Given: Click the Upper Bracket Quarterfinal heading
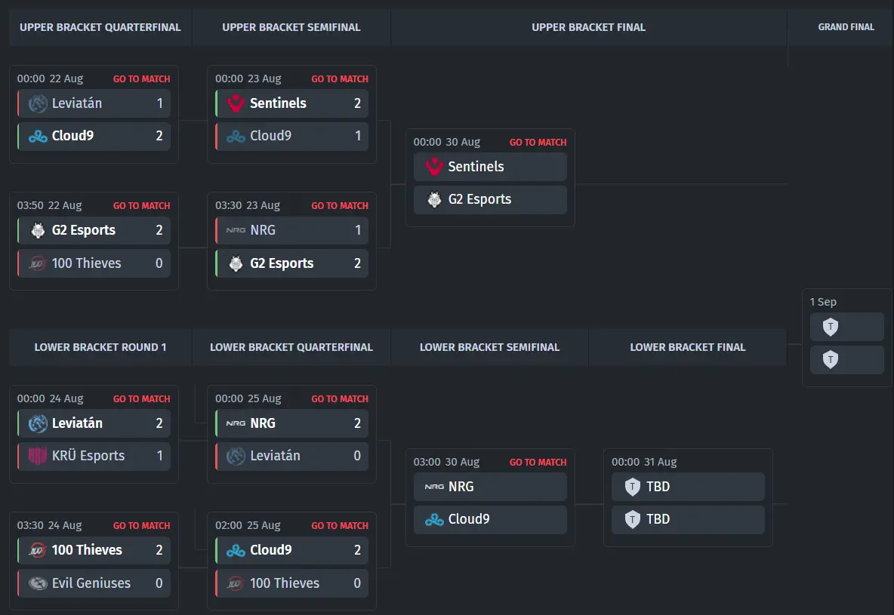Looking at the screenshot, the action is pyautogui.click(x=100, y=27).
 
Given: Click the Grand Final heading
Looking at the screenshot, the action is pyautogui.click(x=846, y=27).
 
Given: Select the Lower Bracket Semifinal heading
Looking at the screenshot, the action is pyautogui.click(x=489, y=347).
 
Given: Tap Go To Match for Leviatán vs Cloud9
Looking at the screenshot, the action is pyautogui.click(x=141, y=79).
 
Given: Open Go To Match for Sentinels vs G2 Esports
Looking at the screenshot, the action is pyautogui.click(x=538, y=143).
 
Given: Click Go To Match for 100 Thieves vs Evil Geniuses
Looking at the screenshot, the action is pyautogui.click(x=141, y=525).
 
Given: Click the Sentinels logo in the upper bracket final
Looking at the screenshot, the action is pyautogui.click(x=434, y=167).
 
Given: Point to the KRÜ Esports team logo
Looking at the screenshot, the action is pyautogui.click(x=38, y=456).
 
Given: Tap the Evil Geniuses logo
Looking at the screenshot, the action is pyautogui.click(x=38, y=583).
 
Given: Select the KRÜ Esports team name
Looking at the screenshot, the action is pyautogui.click(x=88, y=456).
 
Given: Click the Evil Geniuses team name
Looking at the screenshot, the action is pyautogui.click(x=91, y=583).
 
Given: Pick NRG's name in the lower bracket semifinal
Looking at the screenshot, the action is pyautogui.click(x=461, y=487).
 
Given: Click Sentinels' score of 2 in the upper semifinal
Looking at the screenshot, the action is pyautogui.click(x=357, y=103).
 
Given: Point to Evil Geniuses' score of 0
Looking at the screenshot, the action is pyautogui.click(x=159, y=583).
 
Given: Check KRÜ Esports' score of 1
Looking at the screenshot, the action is pyautogui.click(x=159, y=456).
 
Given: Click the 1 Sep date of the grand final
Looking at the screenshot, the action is pyautogui.click(x=823, y=302).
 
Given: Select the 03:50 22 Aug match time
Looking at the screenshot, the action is pyautogui.click(x=49, y=205).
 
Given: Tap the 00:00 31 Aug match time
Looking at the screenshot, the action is pyautogui.click(x=644, y=463).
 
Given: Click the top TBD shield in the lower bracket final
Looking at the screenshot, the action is pyautogui.click(x=632, y=487).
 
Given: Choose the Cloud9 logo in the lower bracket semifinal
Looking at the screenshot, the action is pyautogui.click(x=434, y=520).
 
